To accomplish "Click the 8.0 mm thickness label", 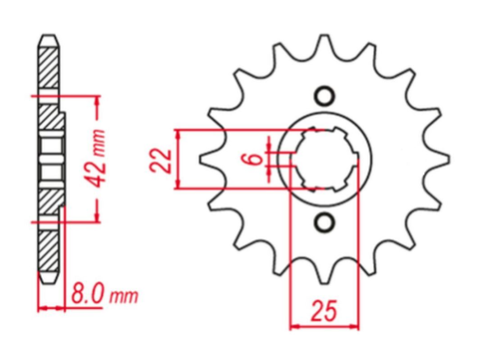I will click(x=102, y=296).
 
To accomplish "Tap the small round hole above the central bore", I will click(x=322, y=97).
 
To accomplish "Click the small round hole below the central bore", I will click(x=322, y=221).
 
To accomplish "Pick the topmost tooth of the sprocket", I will click(x=321, y=43).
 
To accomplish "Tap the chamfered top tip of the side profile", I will click(x=48, y=38).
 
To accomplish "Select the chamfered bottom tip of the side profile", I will click(x=48, y=280).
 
